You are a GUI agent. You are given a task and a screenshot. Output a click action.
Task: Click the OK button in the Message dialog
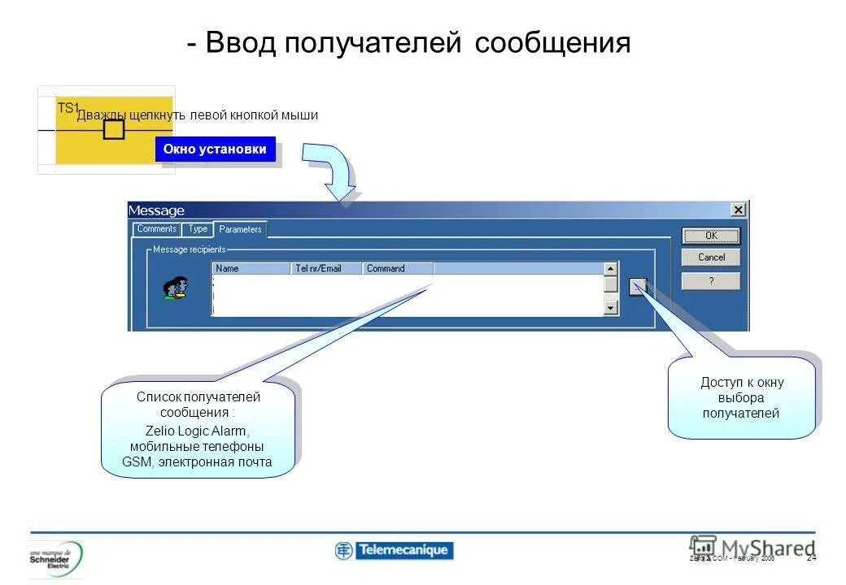(x=711, y=236)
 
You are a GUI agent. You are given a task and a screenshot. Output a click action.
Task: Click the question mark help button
(x=711, y=281)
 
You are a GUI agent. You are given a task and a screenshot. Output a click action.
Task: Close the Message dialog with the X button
(x=738, y=210)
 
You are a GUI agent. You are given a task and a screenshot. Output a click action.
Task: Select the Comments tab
(x=156, y=229)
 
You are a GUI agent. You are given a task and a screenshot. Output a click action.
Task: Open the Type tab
(x=198, y=229)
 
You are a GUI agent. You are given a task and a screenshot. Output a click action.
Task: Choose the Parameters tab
(x=240, y=230)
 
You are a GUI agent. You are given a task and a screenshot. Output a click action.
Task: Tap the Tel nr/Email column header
(x=325, y=268)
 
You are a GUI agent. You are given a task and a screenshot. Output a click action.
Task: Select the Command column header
(x=398, y=268)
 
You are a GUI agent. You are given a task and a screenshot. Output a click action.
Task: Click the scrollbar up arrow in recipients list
(x=611, y=268)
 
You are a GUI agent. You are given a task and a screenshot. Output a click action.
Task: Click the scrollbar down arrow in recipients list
(x=611, y=308)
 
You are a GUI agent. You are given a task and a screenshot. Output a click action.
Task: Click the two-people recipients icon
(x=176, y=288)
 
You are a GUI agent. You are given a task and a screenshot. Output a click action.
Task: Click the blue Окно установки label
(x=215, y=149)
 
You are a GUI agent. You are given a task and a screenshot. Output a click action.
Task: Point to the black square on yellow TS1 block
(x=114, y=128)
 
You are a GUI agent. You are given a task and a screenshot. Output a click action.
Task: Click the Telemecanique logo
(x=394, y=550)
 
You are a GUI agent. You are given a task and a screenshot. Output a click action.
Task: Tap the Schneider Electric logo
(x=56, y=558)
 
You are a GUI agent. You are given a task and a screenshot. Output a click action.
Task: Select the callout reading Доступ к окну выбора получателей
(x=741, y=397)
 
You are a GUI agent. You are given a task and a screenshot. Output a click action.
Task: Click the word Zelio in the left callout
(x=159, y=431)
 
